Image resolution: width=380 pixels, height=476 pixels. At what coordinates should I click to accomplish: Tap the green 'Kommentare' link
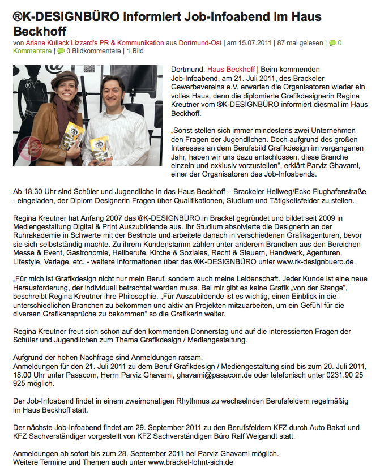click(x=32, y=52)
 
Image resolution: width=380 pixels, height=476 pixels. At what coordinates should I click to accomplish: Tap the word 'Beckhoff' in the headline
click(x=40, y=31)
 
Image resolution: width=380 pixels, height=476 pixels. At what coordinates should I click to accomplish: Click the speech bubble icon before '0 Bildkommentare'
click(x=61, y=52)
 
